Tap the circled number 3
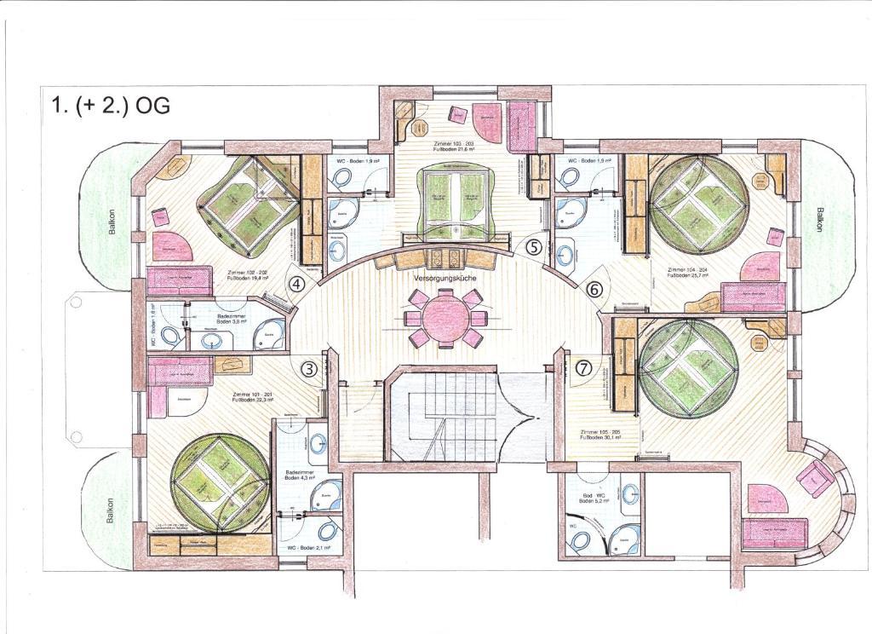pos(309,369)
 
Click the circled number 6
pos(595,290)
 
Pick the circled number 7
pos(583,368)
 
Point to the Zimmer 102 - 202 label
pos(247,274)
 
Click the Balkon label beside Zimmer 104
pos(820,223)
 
